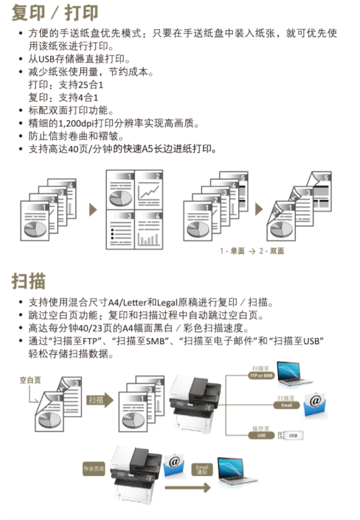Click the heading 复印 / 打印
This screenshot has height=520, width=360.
55,12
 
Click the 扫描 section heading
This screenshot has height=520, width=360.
29,281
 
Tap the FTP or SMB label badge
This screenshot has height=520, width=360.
261,375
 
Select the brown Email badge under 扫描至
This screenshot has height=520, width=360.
287,405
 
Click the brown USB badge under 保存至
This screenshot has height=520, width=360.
261,435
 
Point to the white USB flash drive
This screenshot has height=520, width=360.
290,435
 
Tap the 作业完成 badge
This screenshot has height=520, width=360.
94,468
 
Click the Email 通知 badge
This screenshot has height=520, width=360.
202,469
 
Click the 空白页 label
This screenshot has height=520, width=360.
30,380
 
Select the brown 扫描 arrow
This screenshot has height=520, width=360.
100,400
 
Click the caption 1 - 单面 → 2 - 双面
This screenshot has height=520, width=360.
252,251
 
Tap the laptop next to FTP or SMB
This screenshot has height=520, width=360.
294,373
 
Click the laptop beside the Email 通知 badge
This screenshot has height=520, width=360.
236,471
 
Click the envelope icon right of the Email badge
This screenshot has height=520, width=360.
315,405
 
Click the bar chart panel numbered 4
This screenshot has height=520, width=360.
149,229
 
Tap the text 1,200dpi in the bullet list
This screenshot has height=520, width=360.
76,124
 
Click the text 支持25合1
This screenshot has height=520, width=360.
81,85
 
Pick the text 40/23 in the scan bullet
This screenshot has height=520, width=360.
91,328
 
